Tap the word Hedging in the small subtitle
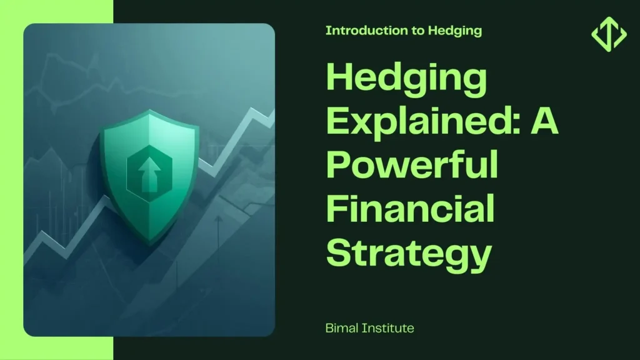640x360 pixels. (455, 31)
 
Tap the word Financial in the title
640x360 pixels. (410, 207)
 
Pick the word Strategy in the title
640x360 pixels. (409, 252)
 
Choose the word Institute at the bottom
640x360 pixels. (387, 327)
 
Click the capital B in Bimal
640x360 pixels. (329, 327)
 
